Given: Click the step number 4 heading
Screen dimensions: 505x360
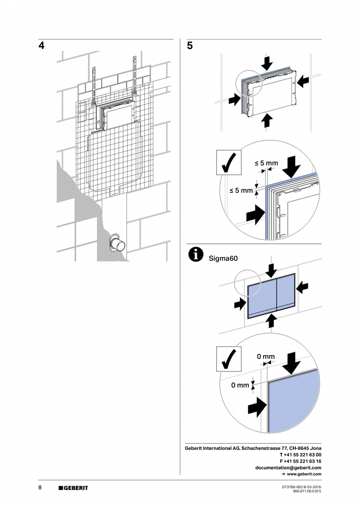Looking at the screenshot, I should tap(41, 46).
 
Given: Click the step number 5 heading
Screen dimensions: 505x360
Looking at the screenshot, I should tap(190, 46).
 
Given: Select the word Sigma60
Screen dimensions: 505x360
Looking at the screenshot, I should tap(223, 258).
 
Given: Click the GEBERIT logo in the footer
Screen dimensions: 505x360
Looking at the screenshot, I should tap(73, 488).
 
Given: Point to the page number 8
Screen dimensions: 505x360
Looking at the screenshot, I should tap(40, 488).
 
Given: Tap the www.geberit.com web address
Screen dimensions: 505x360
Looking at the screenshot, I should tap(304, 474).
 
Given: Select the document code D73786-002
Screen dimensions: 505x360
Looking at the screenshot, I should tap(290, 487).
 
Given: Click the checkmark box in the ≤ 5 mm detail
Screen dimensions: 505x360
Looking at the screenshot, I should tap(229, 163).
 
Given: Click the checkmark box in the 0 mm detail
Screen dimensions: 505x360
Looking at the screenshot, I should tap(229, 359).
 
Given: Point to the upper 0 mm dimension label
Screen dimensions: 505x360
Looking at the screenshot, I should tap(266, 356).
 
